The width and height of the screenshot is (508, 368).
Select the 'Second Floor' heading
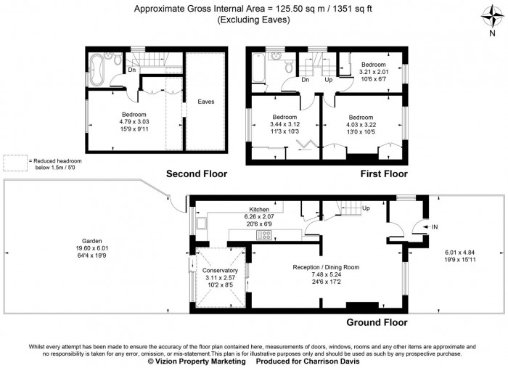coord(197,174)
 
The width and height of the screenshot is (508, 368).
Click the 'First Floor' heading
coord(384,174)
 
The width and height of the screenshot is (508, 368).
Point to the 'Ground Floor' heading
coord(377,322)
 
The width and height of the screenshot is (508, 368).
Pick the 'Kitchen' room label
coord(259,208)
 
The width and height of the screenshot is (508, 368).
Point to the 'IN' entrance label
coord(435,227)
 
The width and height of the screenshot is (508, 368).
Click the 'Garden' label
coord(91,241)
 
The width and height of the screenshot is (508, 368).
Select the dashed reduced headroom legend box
coord(13,163)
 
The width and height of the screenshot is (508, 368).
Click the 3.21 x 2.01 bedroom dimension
coord(374,71)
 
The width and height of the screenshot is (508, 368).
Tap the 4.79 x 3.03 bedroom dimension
coord(134,123)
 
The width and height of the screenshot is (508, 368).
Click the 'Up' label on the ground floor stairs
coord(365,208)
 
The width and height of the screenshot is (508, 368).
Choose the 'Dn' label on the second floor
coord(131,70)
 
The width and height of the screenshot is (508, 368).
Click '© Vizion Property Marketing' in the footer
coord(196,361)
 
